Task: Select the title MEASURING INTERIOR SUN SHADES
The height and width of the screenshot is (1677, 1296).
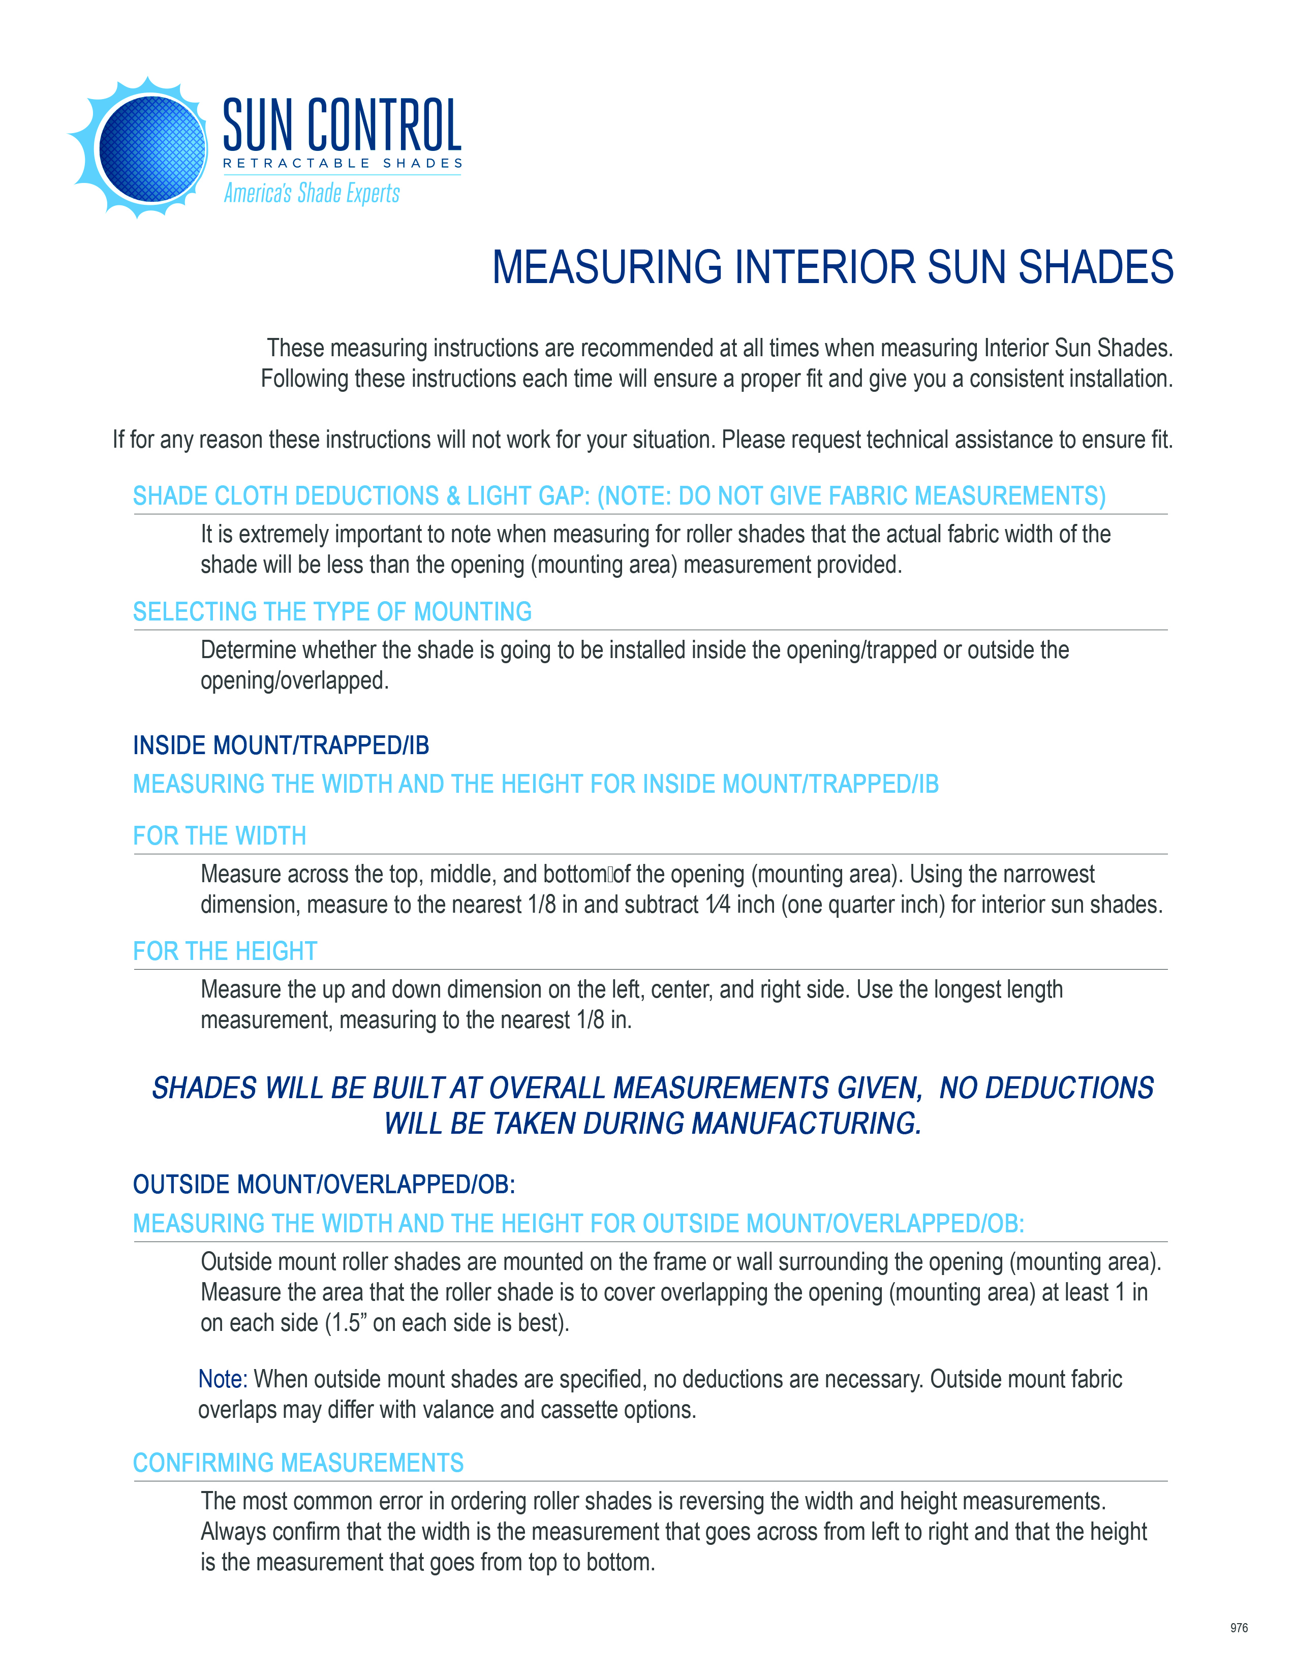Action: click(x=832, y=267)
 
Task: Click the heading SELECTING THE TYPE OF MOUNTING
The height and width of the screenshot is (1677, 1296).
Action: click(x=332, y=612)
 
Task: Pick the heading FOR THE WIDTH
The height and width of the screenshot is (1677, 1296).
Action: click(x=220, y=835)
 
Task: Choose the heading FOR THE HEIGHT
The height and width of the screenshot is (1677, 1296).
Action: click(x=225, y=951)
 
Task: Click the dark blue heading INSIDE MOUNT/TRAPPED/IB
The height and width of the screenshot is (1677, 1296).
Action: click(x=281, y=746)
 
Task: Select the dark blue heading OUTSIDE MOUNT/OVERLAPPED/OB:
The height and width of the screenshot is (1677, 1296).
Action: click(x=324, y=1184)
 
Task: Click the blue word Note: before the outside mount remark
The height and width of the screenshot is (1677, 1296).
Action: click(x=223, y=1379)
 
